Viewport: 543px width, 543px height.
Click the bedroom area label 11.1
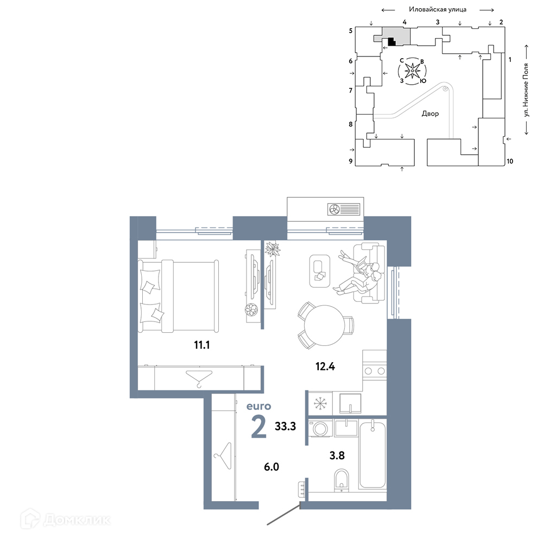202,345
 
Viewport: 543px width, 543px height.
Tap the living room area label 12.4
325,366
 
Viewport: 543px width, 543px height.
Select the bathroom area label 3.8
337,456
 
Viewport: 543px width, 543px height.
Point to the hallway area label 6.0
271,467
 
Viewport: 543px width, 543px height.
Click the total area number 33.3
286,426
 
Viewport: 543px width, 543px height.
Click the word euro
258,406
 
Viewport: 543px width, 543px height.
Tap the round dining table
325,325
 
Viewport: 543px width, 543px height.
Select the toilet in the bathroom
342,480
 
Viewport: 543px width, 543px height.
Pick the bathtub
372,454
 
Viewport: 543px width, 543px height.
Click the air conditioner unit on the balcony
344,209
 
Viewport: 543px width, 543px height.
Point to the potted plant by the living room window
273,249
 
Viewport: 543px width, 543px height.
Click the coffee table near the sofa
320,271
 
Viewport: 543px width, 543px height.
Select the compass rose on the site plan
412,71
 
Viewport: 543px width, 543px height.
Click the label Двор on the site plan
430,113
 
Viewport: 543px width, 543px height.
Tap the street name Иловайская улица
438,9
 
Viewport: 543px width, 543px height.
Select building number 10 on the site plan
510,161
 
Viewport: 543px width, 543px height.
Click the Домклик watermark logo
66,520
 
